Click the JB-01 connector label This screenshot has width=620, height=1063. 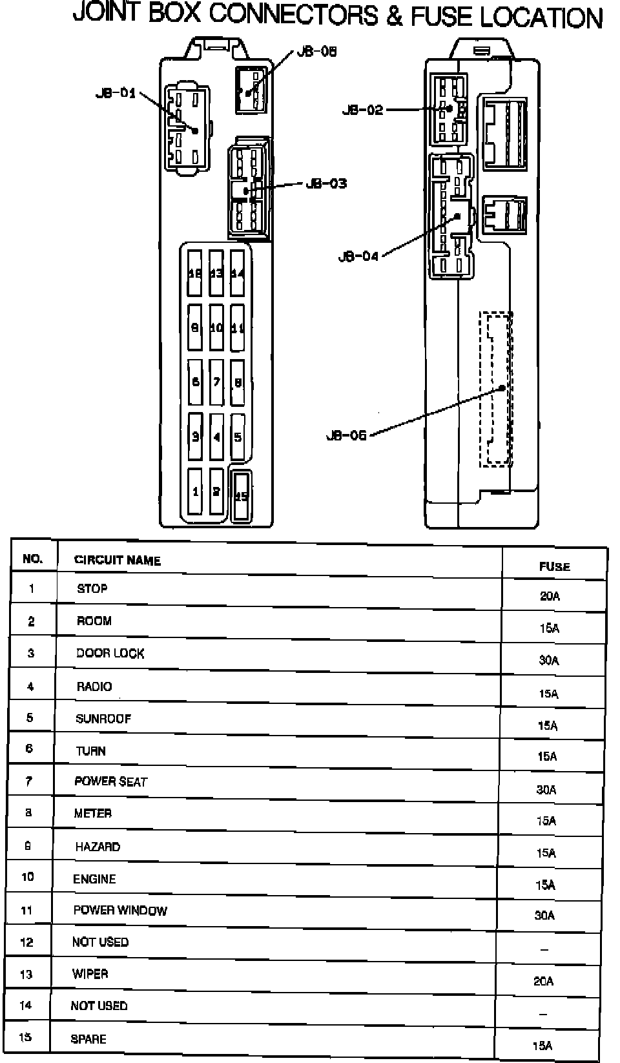point(116,93)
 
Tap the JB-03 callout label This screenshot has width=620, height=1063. point(326,183)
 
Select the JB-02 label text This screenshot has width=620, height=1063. point(362,110)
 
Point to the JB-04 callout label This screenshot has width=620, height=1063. point(358,256)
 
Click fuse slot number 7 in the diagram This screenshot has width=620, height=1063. point(216,382)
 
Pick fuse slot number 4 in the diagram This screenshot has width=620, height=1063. point(216,437)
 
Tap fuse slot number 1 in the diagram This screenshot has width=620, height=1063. point(196,492)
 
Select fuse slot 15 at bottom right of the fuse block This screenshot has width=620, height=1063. point(241,496)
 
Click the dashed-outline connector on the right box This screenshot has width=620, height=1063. point(496,389)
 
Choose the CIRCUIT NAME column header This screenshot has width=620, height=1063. point(117,560)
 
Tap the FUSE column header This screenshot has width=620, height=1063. point(554,566)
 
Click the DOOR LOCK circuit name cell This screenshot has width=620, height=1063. point(110,653)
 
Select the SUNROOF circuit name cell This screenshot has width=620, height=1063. point(103,718)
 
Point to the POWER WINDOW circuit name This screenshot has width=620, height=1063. point(120,911)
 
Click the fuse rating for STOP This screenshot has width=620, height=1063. point(550,596)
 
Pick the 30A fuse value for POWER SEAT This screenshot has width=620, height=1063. point(546,789)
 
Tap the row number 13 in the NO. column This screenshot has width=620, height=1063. point(26,974)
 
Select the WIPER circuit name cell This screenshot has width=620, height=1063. point(90,973)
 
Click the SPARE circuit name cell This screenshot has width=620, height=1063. point(88,1038)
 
